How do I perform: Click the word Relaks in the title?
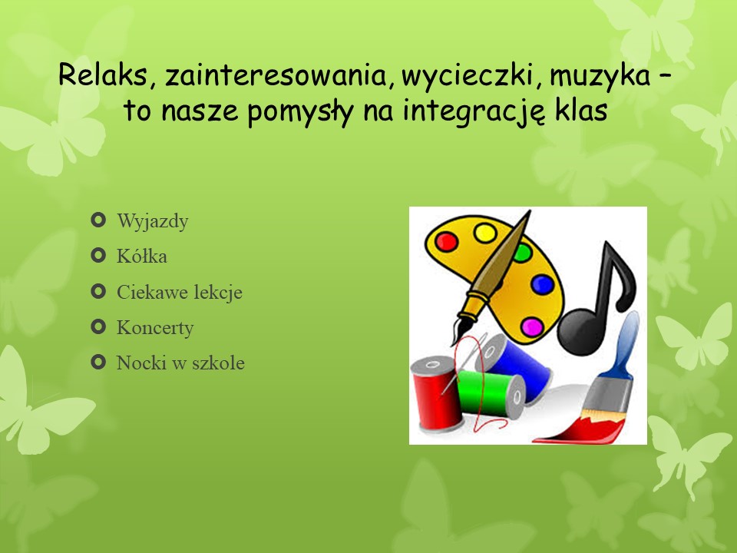pyautogui.click(x=102, y=75)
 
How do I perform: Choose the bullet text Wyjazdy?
pyautogui.click(x=152, y=221)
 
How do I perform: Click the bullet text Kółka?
pyautogui.click(x=141, y=257)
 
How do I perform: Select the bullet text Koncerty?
pyautogui.click(x=155, y=328)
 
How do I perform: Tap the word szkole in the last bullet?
pyautogui.click(x=218, y=363)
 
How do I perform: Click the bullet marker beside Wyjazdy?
pyautogui.click(x=97, y=220)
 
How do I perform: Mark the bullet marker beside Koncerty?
pyautogui.click(x=97, y=326)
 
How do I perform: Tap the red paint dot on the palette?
pyautogui.click(x=447, y=242)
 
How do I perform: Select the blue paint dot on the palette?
pyautogui.click(x=543, y=284)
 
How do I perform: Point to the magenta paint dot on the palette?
pyautogui.click(x=533, y=327)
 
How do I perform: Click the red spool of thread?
pyautogui.click(x=435, y=394)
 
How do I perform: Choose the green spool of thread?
pyautogui.click(x=491, y=394)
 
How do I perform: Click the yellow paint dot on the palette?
pyautogui.click(x=485, y=233)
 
